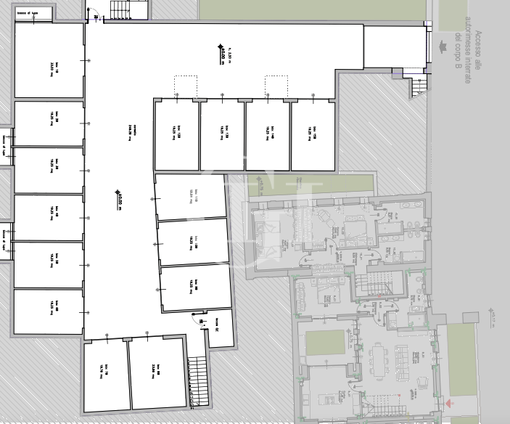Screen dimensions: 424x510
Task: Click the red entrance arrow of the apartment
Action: [x=451, y=401]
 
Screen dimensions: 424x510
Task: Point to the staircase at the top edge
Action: [x=118, y=8]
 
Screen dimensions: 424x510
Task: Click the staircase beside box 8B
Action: [x=194, y=382]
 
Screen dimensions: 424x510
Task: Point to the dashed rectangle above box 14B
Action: [x=276, y=85]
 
